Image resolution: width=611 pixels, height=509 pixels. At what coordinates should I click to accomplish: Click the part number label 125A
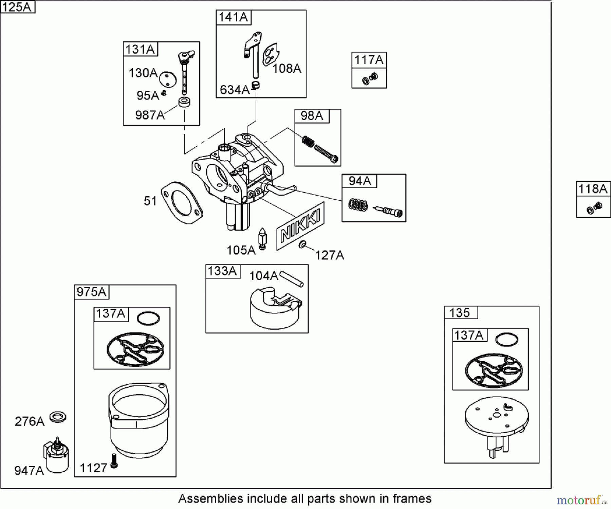17,7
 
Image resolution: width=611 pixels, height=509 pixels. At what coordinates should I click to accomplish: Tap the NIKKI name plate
300,226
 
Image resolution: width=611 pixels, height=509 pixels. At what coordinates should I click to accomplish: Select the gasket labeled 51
182,203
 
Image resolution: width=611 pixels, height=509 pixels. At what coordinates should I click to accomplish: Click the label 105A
241,250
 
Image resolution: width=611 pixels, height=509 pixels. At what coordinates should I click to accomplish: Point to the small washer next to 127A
302,244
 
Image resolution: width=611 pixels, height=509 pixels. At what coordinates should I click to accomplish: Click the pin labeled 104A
292,279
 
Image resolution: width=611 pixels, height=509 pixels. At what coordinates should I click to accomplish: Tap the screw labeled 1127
114,461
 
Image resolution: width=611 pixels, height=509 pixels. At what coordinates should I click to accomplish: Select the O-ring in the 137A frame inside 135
506,339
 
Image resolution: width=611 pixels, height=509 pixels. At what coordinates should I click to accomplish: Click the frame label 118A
593,188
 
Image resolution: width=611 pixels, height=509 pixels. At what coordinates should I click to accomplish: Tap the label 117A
369,60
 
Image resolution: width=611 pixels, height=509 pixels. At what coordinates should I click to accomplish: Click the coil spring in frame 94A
358,205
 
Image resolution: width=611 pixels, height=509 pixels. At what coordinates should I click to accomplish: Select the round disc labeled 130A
168,79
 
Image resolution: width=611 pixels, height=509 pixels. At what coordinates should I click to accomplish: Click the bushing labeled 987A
184,102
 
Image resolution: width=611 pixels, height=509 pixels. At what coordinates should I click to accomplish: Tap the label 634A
235,90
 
